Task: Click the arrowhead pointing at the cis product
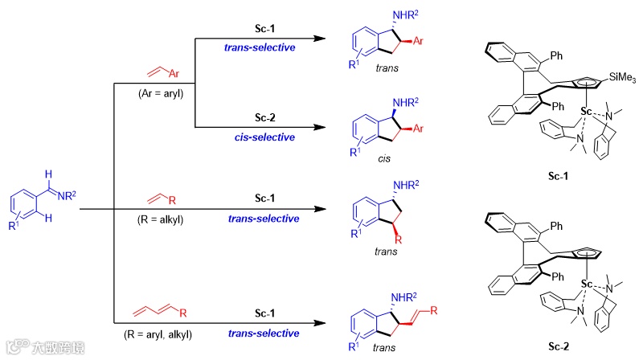[319, 127]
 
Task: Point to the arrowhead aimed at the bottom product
[319, 323]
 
